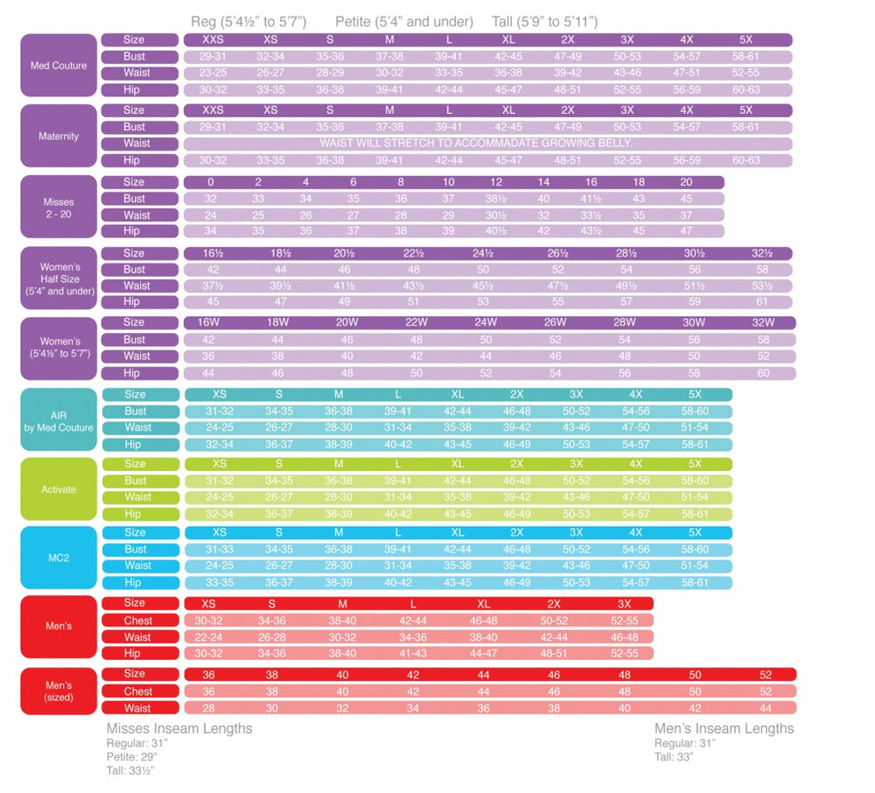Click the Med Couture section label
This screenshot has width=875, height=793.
pyautogui.click(x=59, y=66)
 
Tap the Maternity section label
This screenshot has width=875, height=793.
pyautogui.click(x=59, y=136)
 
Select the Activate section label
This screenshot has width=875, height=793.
pyautogui.click(x=59, y=489)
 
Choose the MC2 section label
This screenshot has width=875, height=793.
pyautogui.click(x=59, y=558)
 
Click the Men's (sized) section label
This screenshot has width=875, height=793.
pyautogui.click(x=59, y=691)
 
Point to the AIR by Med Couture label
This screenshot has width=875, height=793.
pyautogui.click(x=59, y=420)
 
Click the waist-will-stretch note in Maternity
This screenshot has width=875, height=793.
pyautogui.click(x=476, y=144)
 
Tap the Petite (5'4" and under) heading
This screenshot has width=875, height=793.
pyautogui.click(x=404, y=22)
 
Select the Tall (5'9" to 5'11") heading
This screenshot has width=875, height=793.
pyautogui.click(x=545, y=22)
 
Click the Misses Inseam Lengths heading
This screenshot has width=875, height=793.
pyautogui.click(x=179, y=728)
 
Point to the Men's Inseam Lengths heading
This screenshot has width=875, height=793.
pyautogui.click(x=724, y=728)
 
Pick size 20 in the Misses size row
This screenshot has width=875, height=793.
pyautogui.click(x=686, y=182)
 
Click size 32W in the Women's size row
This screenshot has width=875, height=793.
pyautogui.click(x=764, y=323)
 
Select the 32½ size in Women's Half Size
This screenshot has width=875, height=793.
pyautogui.click(x=763, y=254)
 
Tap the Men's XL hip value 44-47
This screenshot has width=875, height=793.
pyautogui.click(x=484, y=653)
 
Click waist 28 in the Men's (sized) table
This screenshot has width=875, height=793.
pyautogui.click(x=209, y=708)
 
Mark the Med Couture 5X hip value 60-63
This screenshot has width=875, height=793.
pyautogui.click(x=746, y=89)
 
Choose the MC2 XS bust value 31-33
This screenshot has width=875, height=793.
pyautogui.click(x=220, y=550)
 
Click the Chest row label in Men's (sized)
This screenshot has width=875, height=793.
pyautogui.click(x=138, y=691)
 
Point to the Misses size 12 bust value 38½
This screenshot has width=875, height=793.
pyautogui.click(x=496, y=199)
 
